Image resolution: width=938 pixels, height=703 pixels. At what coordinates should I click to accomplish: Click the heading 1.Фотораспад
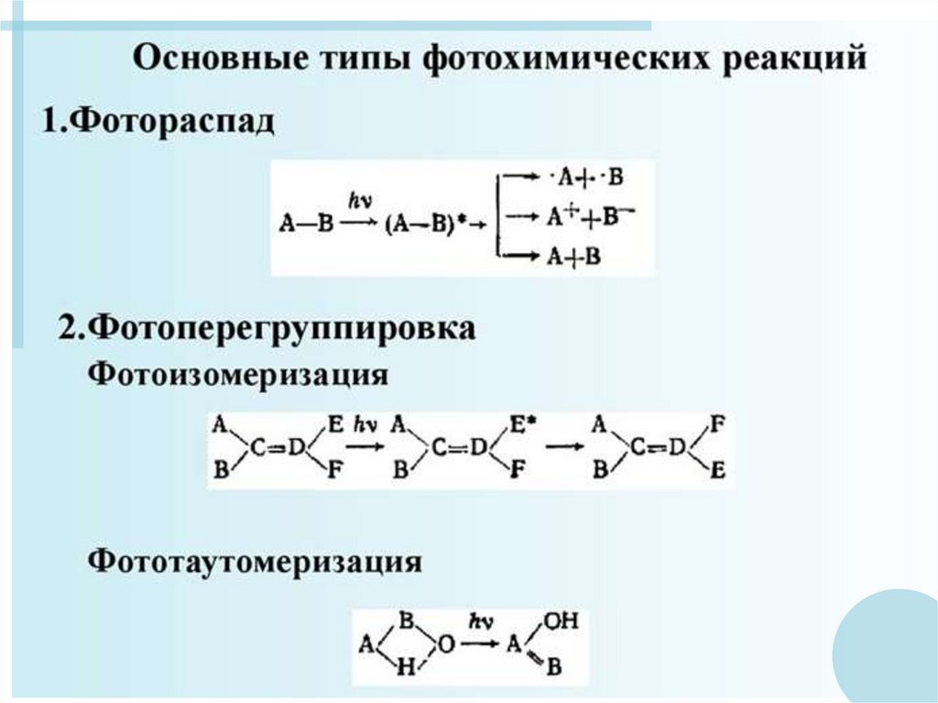point(157,122)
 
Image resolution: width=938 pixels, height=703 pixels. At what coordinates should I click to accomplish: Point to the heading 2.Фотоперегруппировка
point(267,328)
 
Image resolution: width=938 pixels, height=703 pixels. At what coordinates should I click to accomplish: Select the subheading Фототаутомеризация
point(255,560)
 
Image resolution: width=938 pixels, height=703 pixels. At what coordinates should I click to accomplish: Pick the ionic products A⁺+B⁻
point(591,219)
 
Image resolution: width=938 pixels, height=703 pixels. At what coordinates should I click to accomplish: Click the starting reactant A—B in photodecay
point(307,223)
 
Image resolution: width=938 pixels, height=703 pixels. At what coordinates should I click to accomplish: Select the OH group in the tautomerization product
point(561,623)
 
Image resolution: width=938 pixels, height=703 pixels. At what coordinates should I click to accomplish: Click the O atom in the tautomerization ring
point(446,645)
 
